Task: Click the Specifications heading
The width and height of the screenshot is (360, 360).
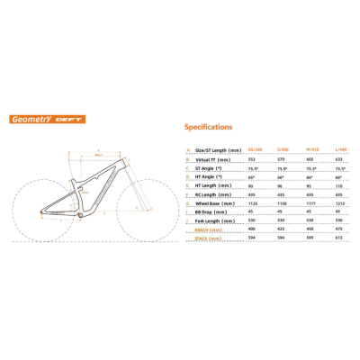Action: tap(209, 128)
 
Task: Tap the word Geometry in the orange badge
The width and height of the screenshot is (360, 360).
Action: tap(27, 118)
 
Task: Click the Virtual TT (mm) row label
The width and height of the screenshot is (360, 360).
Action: tap(211, 157)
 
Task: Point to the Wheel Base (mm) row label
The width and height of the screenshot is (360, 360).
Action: tap(215, 204)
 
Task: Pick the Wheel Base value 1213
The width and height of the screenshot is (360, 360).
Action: tap(339, 204)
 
